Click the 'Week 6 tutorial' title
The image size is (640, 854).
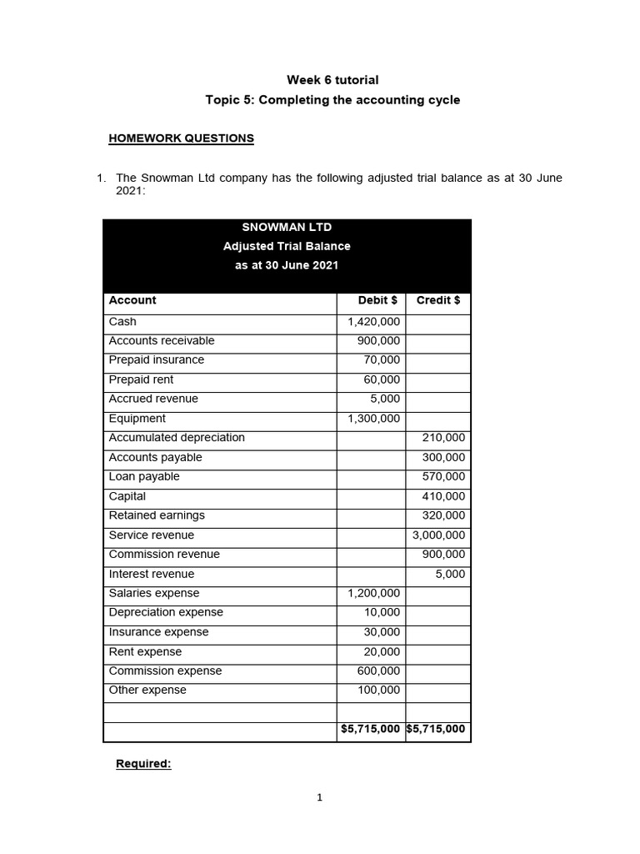[x=332, y=80]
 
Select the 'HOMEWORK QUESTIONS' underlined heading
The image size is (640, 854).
[x=181, y=138]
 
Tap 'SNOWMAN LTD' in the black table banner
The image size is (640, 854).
[x=287, y=227]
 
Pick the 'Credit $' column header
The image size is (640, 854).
[x=437, y=300]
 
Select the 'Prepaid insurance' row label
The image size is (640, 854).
[x=156, y=360]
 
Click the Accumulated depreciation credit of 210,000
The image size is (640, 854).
[x=444, y=438]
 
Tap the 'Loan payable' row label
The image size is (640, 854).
[x=144, y=477]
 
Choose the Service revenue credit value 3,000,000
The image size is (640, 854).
[x=439, y=535]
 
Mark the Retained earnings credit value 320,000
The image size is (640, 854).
[x=444, y=515]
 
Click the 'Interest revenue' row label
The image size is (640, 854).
[x=151, y=574]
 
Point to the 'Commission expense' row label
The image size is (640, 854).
[x=165, y=671]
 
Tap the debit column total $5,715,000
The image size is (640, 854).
[x=370, y=729]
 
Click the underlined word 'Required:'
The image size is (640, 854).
[x=143, y=764]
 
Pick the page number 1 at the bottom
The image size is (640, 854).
[x=319, y=798]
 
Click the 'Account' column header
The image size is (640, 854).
[x=132, y=300]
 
